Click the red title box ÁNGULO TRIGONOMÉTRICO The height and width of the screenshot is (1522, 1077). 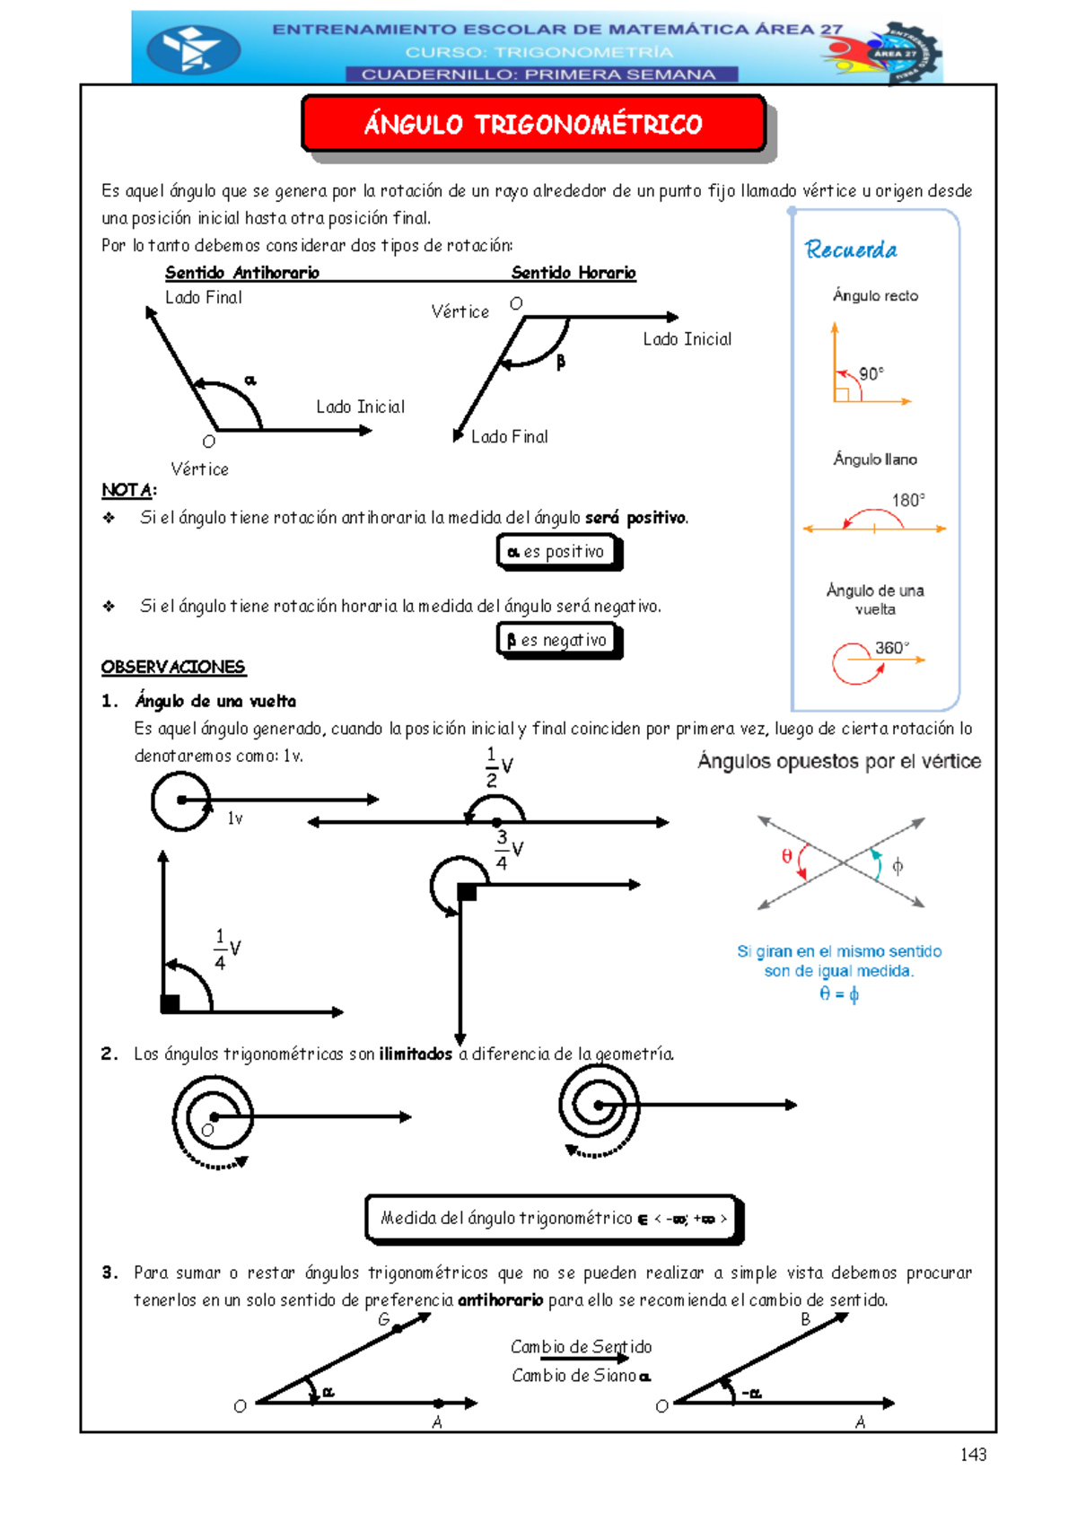(533, 124)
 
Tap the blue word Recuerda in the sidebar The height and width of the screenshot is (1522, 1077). (851, 249)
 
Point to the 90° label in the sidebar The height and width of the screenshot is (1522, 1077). (871, 373)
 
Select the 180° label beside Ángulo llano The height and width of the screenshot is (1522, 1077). (907, 500)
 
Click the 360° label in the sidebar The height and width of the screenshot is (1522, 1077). (891, 647)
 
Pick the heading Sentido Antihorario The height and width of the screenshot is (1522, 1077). (241, 273)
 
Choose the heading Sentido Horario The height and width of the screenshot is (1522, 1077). (574, 273)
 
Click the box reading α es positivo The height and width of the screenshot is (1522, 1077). (558, 552)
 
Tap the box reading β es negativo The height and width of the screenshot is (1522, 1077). (558, 640)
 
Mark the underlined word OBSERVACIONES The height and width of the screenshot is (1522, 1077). (173, 667)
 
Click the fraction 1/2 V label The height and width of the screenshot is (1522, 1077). (499, 766)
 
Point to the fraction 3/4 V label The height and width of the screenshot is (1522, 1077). (509, 849)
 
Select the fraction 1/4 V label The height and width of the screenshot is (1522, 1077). (227, 949)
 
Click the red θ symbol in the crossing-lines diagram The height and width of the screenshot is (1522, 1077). (787, 856)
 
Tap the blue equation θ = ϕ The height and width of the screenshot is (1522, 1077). (839, 993)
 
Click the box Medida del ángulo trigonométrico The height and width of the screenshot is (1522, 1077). (554, 1218)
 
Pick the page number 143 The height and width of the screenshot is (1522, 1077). (973, 1455)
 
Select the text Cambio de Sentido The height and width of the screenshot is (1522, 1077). (581, 1347)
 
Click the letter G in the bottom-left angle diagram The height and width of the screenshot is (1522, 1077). (383, 1319)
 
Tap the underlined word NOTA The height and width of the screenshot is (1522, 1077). (127, 490)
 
